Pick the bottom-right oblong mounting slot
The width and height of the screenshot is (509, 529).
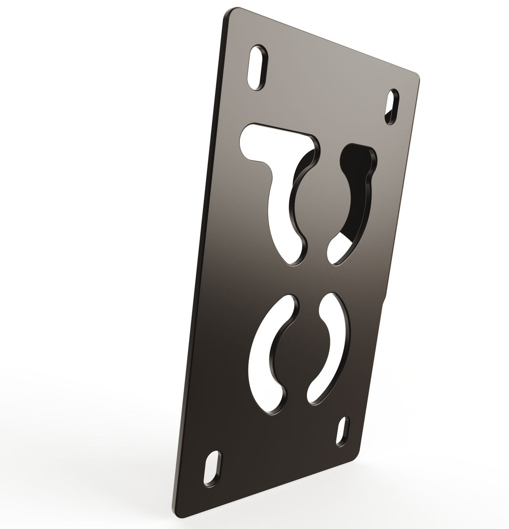(x=343, y=431)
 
